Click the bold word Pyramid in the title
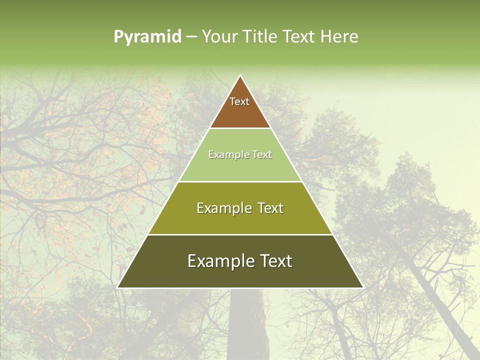pyautogui.click(x=147, y=37)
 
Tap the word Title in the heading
pyautogui.click(x=261, y=37)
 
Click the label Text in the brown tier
pyautogui.click(x=239, y=101)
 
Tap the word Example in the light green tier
pyautogui.click(x=225, y=155)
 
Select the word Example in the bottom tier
pyautogui.click(x=220, y=261)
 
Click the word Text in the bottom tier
pyautogui.click(x=276, y=261)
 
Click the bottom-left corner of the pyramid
pyautogui.click(x=118, y=287)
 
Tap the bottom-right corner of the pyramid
pyautogui.click(x=362, y=287)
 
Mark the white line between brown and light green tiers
pyautogui.click(x=240, y=128)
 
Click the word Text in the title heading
pyautogui.click(x=299, y=37)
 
